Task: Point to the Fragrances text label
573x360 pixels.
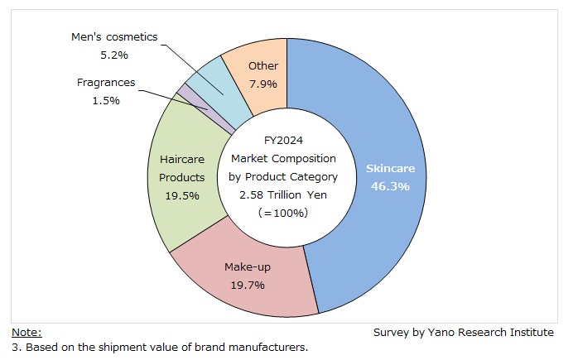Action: coord(106,83)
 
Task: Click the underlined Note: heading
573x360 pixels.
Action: coord(26,332)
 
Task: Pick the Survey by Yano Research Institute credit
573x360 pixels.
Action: coord(463,332)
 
